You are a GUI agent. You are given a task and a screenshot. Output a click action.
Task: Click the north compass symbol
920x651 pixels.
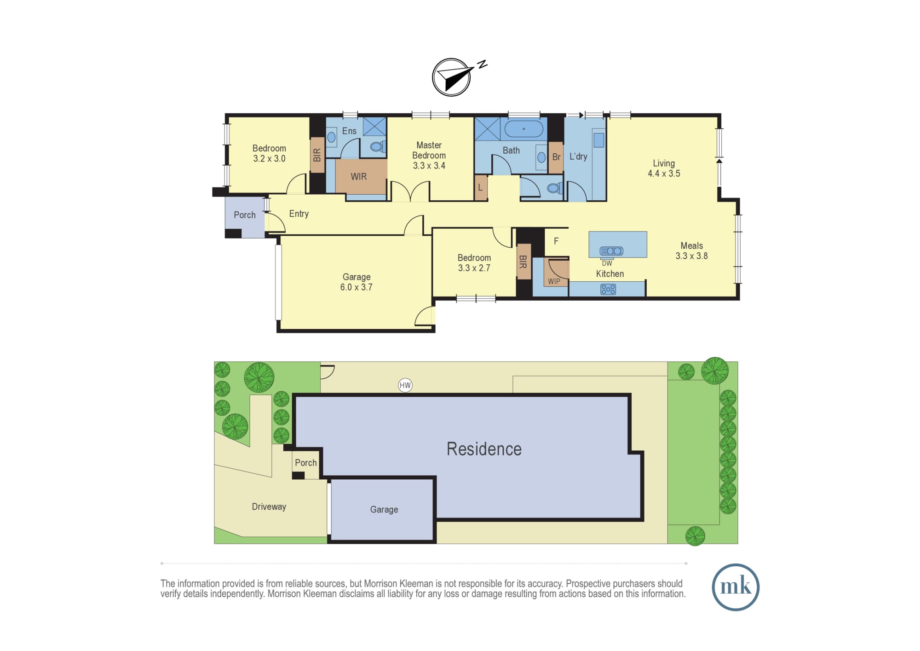[452, 77]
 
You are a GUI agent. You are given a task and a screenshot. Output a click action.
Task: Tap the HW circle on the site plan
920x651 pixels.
[405, 385]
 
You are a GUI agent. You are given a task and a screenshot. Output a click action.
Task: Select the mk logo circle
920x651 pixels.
[736, 587]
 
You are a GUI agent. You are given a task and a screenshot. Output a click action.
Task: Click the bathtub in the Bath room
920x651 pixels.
[524, 129]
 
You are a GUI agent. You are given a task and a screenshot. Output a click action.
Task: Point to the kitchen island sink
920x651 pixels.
[611, 251]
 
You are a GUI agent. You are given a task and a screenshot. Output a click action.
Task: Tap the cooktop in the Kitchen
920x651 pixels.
[608, 289]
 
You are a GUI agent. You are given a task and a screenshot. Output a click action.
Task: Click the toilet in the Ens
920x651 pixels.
[378, 146]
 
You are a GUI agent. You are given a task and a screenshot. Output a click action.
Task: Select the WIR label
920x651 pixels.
[359, 176]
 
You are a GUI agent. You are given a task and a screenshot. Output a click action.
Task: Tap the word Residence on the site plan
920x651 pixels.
[484, 449]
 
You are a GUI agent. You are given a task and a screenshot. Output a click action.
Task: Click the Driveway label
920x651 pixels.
[269, 506]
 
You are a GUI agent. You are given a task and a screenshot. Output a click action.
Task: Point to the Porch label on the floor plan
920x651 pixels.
[245, 215]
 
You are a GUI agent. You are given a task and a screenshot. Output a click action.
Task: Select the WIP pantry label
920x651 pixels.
[554, 281]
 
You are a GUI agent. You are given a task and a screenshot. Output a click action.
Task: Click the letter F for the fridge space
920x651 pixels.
[556, 241]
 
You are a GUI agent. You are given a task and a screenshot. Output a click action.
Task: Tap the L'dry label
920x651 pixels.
[578, 157]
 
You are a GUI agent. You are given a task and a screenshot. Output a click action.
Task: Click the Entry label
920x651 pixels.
[299, 214]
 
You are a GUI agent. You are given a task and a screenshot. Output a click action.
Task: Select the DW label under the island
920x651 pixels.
[607, 263]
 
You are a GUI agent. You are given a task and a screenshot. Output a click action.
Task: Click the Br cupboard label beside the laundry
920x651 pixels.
[556, 157]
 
